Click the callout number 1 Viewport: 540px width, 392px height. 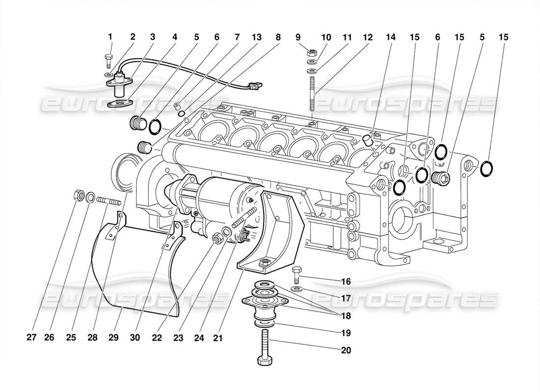click(x=110, y=37)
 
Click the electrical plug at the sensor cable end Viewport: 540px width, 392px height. click(x=252, y=89)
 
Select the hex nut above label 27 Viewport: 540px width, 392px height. click(x=78, y=195)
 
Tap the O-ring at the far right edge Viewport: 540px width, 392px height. click(x=486, y=168)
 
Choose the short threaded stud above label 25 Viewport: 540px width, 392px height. click(x=108, y=201)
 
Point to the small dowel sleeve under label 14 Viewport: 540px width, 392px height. click(x=368, y=141)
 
